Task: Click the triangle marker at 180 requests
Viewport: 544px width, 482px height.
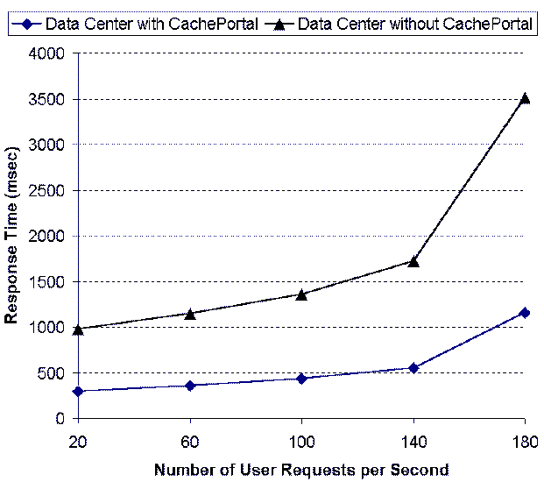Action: point(525,98)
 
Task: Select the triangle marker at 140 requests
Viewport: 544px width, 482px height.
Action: point(413,261)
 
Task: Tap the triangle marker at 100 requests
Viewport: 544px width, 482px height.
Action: point(301,294)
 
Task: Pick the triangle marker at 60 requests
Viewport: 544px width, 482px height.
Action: point(189,313)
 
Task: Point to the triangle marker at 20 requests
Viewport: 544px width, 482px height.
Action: point(78,330)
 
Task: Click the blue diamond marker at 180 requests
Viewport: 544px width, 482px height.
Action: point(525,312)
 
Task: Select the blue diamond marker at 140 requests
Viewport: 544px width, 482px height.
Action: point(413,368)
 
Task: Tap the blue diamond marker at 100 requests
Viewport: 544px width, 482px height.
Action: point(301,379)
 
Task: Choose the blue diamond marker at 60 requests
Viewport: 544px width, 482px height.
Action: point(189,386)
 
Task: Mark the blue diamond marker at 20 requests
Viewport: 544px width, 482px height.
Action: point(78,391)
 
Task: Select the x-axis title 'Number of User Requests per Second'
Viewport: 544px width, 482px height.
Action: point(301,469)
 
